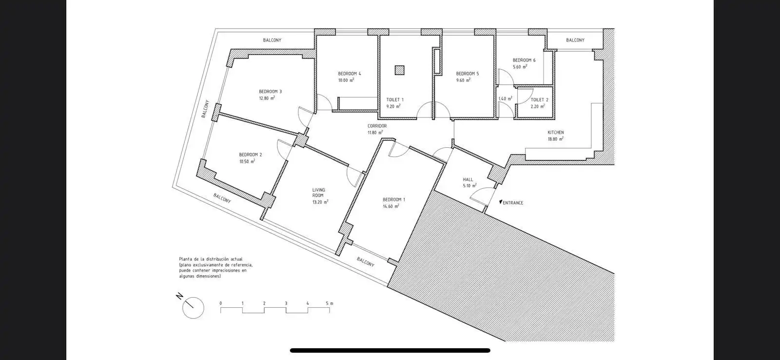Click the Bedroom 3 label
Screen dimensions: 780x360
click(x=270, y=92)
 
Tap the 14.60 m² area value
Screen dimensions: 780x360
click(x=391, y=206)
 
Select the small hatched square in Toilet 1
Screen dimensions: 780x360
click(x=400, y=70)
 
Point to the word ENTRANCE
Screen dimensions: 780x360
click(x=513, y=203)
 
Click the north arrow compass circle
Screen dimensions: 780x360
click(x=193, y=308)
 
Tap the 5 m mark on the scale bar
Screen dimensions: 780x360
click(x=329, y=303)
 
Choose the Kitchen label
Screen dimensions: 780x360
click(x=556, y=132)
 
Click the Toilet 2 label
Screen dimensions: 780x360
click(x=539, y=100)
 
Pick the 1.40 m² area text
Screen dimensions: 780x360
click(x=505, y=99)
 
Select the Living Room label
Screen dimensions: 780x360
click(x=319, y=193)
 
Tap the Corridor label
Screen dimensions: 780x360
click(x=377, y=126)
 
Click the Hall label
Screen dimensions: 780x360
click(x=468, y=180)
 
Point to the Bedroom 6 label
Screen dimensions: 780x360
click(x=524, y=60)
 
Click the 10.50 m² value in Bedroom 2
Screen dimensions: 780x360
click(x=247, y=161)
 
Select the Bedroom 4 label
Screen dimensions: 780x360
click(x=350, y=74)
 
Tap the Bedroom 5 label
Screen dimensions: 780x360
click(x=468, y=74)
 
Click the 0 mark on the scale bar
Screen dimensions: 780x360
click(x=221, y=303)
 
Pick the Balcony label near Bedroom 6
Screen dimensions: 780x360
click(x=575, y=40)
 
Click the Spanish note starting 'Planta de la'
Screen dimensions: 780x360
click(x=216, y=268)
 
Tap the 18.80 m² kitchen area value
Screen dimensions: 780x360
click(x=556, y=139)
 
